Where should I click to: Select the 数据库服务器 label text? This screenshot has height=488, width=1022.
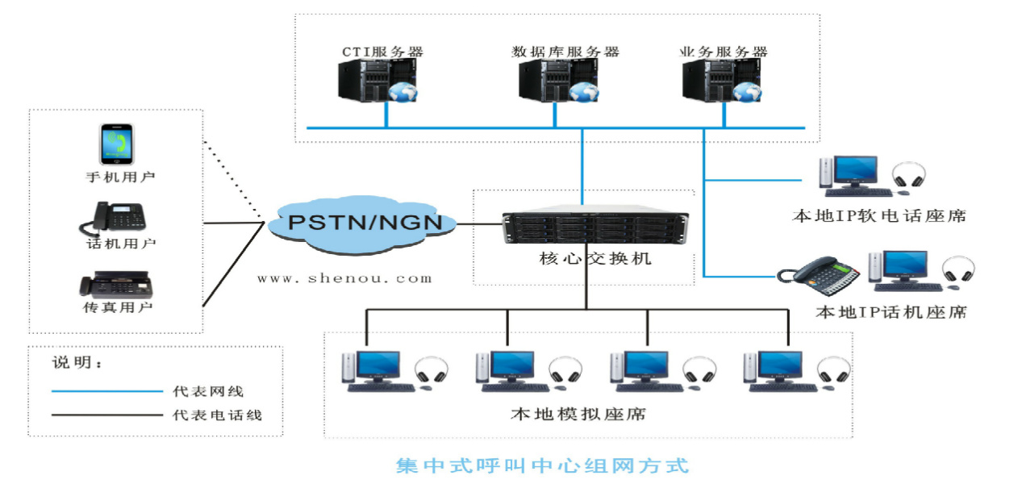tap(565, 52)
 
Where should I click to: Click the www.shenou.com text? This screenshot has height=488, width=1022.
tap(344, 278)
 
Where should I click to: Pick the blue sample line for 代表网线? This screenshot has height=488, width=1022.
tap(107, 391)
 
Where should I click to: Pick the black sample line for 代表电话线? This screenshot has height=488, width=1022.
tap(107, 415)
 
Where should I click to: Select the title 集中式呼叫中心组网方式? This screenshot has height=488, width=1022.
tap(542, 466)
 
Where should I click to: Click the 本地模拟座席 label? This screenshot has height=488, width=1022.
tap(578, 415)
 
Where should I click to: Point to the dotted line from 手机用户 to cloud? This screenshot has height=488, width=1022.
tap(233, 180)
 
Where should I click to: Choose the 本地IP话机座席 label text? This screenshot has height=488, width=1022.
tap(891, 311)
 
